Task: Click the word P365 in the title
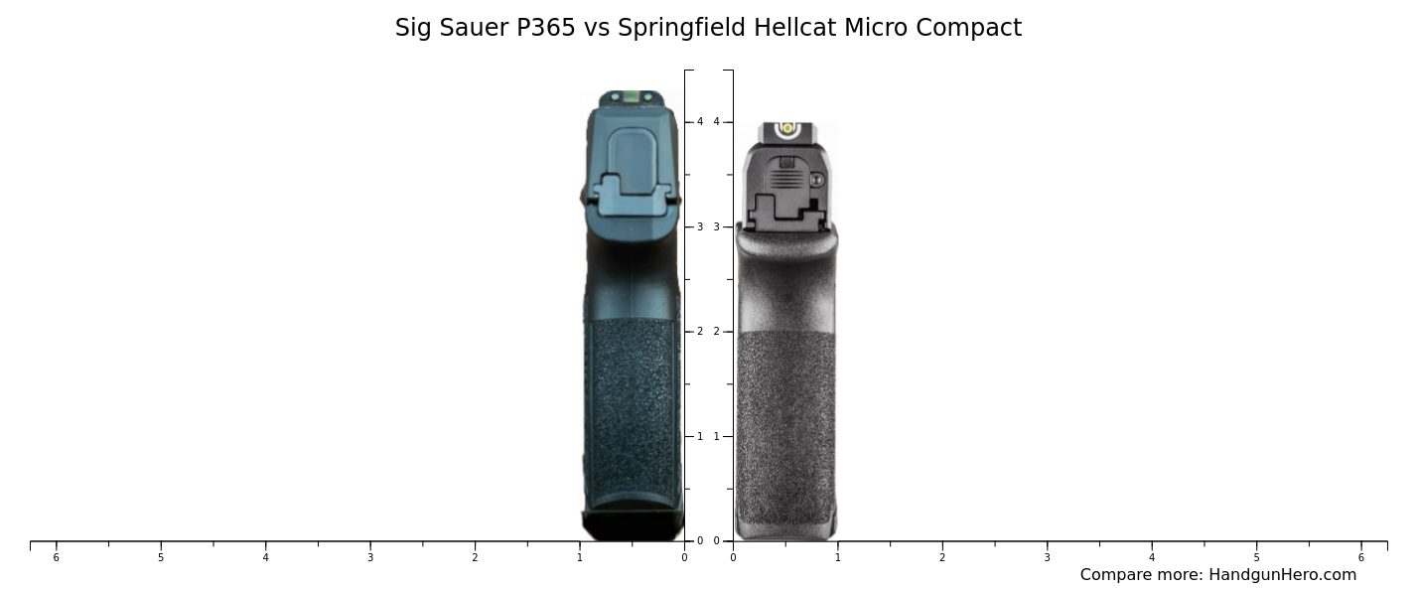pyautogui.click(x=545, y=28)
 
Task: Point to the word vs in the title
pyautogui.click(x=597, y=28)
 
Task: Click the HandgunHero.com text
pyautogui.click(x=1282, y=575)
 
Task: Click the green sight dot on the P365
pyautogui.click(x=633, y=97)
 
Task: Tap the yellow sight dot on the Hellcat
pyautogui.click(x=787, y=128)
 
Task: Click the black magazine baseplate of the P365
pyautogui.click(x=633, y=524)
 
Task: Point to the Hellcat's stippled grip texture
pyautogui.click(x=785, y=427)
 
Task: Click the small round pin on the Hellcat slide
pyautogui.click(x=817, y=180)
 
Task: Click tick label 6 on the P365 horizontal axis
pyautogui.click(x=56, y=557)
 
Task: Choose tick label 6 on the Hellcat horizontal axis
pyautogui.click(x=1361, y=557)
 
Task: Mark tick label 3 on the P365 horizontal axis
pyautogui.click(x=369, y=557)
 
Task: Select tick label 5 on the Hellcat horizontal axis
pyautogui.click(x=1256, y=557)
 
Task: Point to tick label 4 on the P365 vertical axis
pyautogui.click(x=699, y=122)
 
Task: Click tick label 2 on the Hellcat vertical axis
pyautogui.click(x=716, y=332)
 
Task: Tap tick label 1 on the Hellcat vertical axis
pyautogui.click(x=716, y=436)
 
